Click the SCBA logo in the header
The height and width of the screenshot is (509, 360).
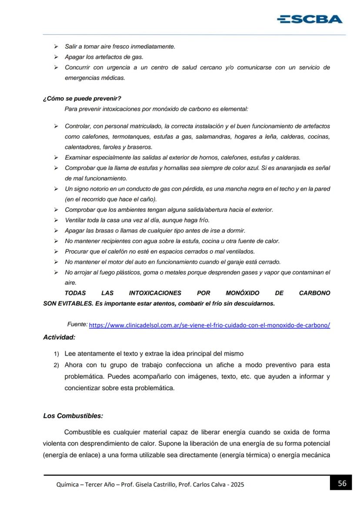click(309, 19)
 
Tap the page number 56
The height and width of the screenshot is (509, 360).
click(342, 483)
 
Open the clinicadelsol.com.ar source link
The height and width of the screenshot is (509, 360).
click(209, 326)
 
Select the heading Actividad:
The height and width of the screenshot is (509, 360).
click(59, 337)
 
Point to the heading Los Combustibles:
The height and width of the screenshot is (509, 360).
click(73, 416)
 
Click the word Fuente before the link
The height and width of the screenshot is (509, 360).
click(77, 325)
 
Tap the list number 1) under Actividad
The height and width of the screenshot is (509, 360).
click(57, 354)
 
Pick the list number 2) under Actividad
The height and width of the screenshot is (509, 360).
click(57, 365)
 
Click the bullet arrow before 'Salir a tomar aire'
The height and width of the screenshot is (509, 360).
click(56, 47)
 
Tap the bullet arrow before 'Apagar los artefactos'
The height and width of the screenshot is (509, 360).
click(56, 57)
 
